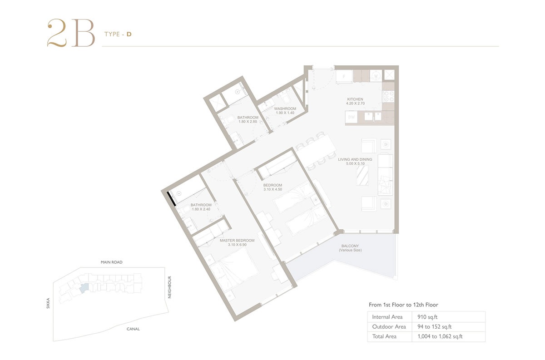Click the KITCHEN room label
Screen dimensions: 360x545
355,99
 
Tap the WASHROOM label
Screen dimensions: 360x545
285,108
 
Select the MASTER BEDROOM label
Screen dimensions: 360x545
237,240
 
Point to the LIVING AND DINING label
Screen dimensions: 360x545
355,159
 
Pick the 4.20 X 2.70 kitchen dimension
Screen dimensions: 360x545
355,104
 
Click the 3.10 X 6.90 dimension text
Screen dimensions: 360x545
237,245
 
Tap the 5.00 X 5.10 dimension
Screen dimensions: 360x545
355,164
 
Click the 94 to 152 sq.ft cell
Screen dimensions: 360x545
434,326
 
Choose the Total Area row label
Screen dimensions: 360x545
384,336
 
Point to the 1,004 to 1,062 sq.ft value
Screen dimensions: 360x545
440,336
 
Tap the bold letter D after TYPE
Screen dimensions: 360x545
129,34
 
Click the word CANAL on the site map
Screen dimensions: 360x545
133,329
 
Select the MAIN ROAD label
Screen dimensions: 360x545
111,262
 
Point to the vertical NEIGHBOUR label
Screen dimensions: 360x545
169,287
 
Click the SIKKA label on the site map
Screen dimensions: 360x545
48,303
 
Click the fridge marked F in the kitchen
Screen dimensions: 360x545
344,77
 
